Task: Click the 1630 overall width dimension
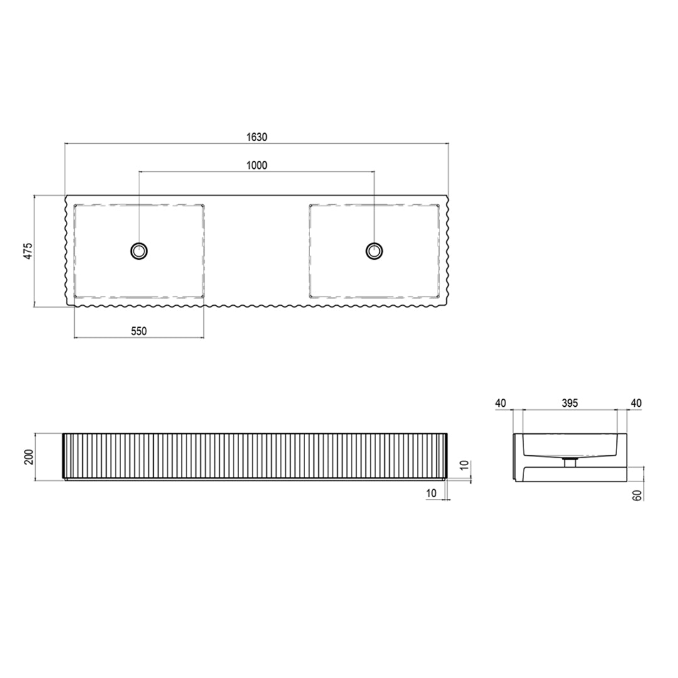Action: point(257,137)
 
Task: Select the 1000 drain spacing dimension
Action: point(257,165)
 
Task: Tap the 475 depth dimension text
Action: point(28,251)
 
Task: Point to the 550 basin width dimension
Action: point(139,331)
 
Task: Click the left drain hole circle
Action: point(139,250)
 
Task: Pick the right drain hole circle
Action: point(374,250)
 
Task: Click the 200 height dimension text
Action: point(28,456)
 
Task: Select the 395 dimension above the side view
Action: point(570,403)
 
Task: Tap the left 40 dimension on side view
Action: point(500,403)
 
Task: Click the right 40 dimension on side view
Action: point(637,403)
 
